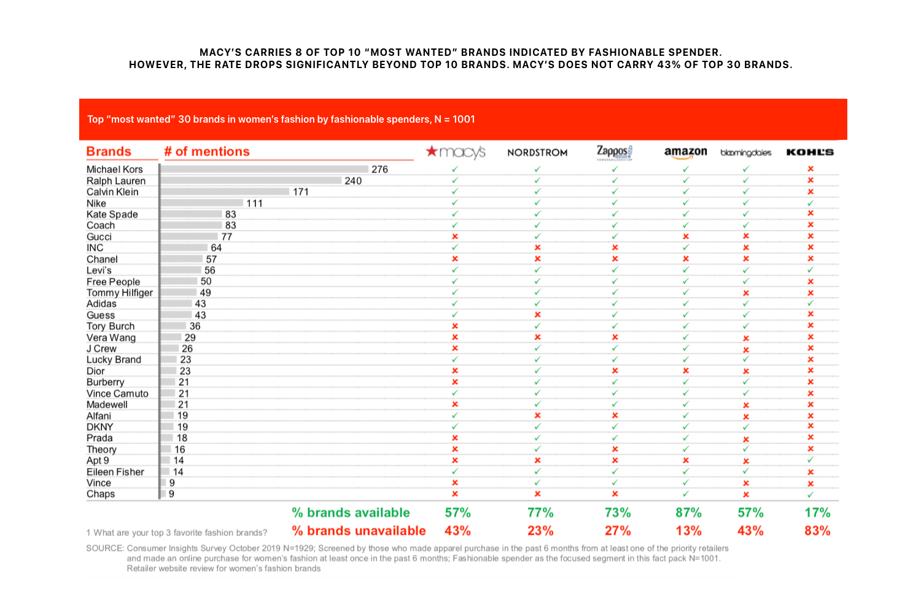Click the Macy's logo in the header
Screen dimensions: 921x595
point(455,152)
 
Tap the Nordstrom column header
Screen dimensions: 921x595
point(537,153)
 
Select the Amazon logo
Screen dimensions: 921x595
point(685,153)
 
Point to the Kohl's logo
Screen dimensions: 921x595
point(810,152)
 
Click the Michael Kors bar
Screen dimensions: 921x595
point(265,169)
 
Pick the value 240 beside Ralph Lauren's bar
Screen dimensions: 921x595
point(353,181)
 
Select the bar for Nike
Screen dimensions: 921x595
point(202,203)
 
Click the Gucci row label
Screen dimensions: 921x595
point(99,237)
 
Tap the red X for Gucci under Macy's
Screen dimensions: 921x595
point(455,237)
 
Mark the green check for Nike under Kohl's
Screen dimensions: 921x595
point(810,203)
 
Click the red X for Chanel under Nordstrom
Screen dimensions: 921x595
point(537,259)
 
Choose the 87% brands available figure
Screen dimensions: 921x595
point(689,512)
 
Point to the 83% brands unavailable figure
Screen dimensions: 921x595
point(817,531)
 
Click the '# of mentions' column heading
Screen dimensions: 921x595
point(207,152)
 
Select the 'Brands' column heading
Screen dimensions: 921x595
point(109,152)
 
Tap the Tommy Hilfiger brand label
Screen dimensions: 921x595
point(120,293)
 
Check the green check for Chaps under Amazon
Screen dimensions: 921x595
point(685,494)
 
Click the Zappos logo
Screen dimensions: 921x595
point(615,153)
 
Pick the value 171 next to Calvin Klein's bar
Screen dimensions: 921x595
point(301,192)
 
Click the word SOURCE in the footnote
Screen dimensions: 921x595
point(105,548)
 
